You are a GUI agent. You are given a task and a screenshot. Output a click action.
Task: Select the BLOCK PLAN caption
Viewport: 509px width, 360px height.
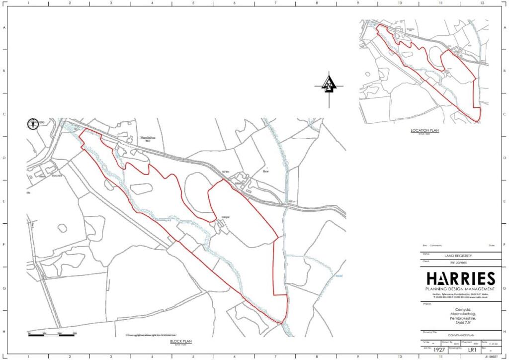coord(181,342)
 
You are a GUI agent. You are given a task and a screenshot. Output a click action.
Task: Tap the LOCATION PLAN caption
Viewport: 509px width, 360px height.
coord(424,130)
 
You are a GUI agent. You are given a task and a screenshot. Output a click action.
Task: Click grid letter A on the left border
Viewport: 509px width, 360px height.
coord(5,28)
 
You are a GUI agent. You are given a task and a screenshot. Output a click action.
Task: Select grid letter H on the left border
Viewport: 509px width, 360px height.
coord(5,332)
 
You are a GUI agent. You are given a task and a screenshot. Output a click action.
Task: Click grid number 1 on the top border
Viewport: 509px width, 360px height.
coord(28,3)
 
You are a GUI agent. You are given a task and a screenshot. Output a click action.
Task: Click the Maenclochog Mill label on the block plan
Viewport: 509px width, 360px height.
coord(148,139)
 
